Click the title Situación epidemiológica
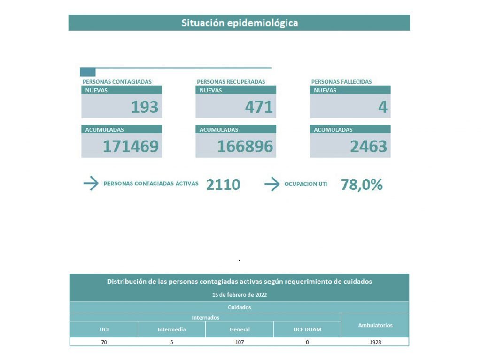(240, 23)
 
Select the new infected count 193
(145, 107)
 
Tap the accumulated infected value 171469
(131, 146)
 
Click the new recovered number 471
(259, 107)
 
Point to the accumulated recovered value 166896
(245, 146)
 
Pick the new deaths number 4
(383, 107)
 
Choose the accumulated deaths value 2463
(369, 146)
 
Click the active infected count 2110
(223, 185)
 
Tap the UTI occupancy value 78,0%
(362, 185)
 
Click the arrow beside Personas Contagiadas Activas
(91, 183)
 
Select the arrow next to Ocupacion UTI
(272, 184)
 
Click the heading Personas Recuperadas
(231, 82)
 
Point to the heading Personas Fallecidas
(341, 82)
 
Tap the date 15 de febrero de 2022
(240, 295)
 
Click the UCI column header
(104, 329)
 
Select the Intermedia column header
(171, 329)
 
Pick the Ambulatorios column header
(375, 325)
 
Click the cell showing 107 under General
(240, 342)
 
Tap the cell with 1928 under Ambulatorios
(375, 342)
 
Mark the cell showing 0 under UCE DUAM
(307, 342)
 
